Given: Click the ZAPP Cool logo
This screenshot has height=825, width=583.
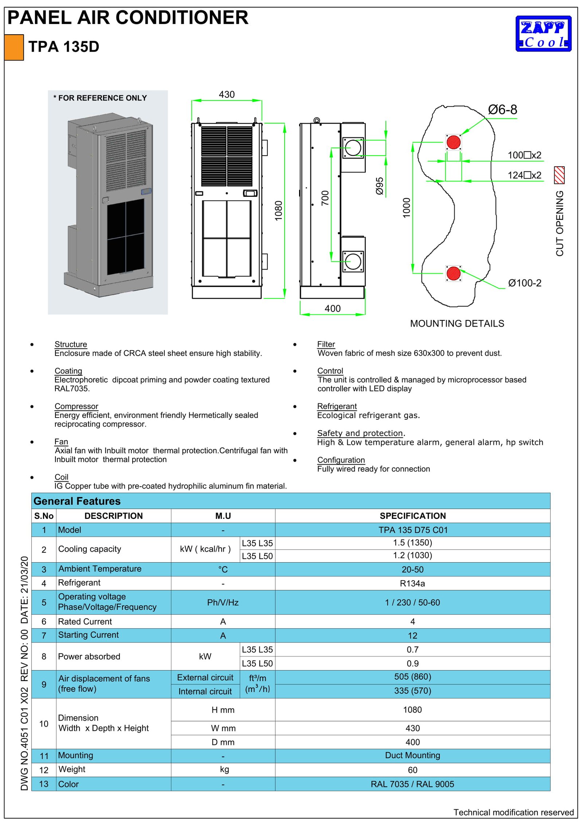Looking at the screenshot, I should (x=543, y=34).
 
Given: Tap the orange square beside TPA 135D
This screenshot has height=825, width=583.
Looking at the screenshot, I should (x=14, y=47).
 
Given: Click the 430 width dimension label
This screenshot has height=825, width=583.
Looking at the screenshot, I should (x=226, y=95).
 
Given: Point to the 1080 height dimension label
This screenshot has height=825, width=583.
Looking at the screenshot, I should (x=278, y=211).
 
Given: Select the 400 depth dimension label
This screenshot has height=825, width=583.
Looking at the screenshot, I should (x=332, y=309).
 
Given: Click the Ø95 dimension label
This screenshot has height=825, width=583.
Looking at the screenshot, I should (x=379, y=186).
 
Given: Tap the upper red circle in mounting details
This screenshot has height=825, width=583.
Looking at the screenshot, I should (x=453, y=142).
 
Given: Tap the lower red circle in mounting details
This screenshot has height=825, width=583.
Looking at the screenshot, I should (x=453, y=273).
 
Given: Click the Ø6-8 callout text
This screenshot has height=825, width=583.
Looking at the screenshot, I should (x=502, y=110).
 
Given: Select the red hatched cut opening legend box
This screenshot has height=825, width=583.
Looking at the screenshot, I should (x=559, y=175).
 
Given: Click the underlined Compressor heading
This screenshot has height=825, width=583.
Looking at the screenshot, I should (x=76, y=406).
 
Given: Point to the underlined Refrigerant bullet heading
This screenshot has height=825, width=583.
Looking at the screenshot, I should (x=337, y=406).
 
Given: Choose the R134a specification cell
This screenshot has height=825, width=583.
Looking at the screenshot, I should (x=412, y=583).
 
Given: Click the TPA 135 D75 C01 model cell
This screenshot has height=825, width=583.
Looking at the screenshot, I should (x=412, y=530).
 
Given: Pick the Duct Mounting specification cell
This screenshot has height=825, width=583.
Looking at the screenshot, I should (x=412, y=755).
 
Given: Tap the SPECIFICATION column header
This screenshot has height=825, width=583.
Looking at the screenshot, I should (x=412, y=516).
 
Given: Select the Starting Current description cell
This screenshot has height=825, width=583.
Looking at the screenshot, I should (x=88, y=635).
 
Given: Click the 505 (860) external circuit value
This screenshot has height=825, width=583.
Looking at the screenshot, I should (x=412, y=677).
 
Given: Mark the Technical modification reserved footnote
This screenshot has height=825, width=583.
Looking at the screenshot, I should (x=513, y=812).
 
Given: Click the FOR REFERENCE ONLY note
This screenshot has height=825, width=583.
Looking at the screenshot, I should (x=100, y=98).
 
